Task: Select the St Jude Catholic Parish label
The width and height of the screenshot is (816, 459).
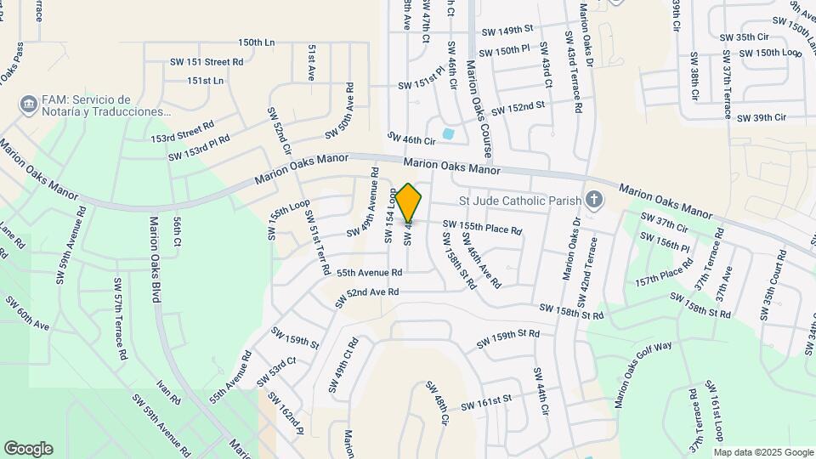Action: click(519, 201)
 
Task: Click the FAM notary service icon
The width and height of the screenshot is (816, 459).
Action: click(29, 105)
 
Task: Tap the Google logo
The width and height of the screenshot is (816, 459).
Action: click(28, 449)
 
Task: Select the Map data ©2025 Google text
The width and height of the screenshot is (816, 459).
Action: click(763, 452)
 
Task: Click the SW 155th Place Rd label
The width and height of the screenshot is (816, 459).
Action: click(481, 228)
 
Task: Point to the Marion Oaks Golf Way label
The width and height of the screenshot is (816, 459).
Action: click(643, 371)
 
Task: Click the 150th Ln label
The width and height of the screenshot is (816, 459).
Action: click(257, 42)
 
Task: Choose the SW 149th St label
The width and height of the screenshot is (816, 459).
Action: click(507, 31)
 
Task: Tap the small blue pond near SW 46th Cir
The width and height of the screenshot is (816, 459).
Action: click(448, 133)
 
